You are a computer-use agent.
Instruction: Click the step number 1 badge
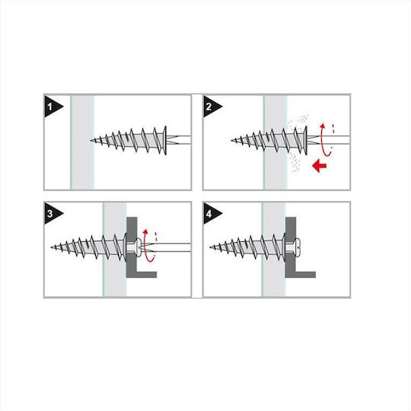(52, 107)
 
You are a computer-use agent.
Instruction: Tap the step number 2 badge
(211, 107)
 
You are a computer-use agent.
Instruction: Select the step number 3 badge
(52, 213)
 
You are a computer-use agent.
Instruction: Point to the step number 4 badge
(211, 213)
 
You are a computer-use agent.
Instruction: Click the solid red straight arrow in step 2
(319, 165)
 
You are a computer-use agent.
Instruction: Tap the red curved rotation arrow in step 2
(324, 140)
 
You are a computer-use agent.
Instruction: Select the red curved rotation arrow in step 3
(148, 246)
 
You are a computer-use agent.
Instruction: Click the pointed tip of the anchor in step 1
(91, 141)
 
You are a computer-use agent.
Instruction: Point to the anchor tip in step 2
(231, 141)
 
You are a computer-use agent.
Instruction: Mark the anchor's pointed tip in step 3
(51, 247)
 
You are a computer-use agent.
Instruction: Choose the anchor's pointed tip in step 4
(211, 247)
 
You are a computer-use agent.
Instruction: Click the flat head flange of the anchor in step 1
(165, 141)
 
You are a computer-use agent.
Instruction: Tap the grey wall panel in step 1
(82, 142)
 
